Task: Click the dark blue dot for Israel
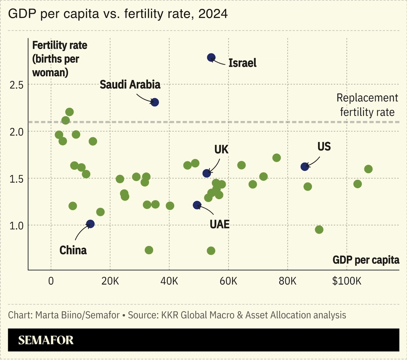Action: [x=211, y=57]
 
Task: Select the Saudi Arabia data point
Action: [x=154, y=102]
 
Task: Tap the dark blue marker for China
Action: [x=90, y=224]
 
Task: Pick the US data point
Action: [x=305, y=167]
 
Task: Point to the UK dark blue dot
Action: [x=207, y=173]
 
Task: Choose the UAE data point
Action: [x=197, y=205]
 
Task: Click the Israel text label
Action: [x=242, y=63]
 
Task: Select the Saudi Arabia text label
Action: [x=130, y=85]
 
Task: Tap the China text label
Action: [x=73, y=250]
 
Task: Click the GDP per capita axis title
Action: [x=366, y=260]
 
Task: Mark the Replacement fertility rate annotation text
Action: [x=367, y=105]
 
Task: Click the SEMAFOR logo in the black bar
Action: [x=46, y=340]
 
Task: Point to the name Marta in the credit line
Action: [x=47, y=315]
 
